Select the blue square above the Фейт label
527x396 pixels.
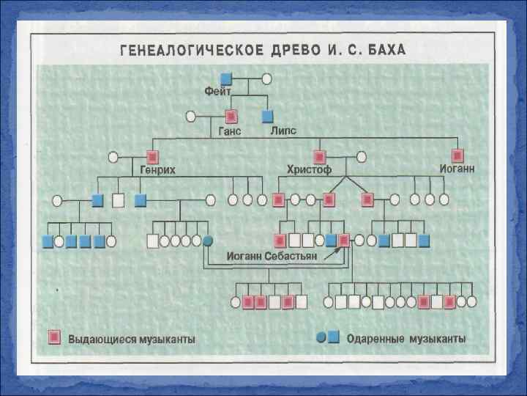point(226,78)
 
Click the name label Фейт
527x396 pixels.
point(217,92)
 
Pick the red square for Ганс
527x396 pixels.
point(232,116)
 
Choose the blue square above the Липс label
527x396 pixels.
point(268,116)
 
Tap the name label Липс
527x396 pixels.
point(284,131)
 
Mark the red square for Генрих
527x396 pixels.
point(153,156)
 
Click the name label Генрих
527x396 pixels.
point(157,170)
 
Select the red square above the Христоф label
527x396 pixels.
point(319,156)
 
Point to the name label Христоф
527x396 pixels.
point(309,170)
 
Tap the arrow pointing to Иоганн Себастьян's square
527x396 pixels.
point(331,253)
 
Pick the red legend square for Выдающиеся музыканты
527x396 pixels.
point(53,337)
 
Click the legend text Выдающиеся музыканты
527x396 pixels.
point(132,339)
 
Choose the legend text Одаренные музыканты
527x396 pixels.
point(405,339)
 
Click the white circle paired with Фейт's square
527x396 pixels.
point(267,78)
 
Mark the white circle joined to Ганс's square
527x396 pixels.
point(191,116)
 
